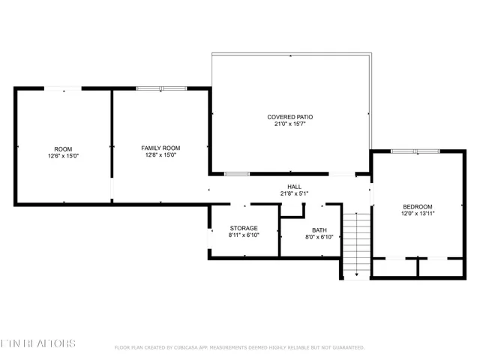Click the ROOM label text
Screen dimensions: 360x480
click(x=63, y=148)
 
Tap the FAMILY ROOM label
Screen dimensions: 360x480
click(x=160, y=148)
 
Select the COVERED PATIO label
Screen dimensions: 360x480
click(x=289, y=117)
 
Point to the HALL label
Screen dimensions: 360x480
click(x=294, y=187)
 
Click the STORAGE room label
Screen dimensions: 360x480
click(x=243, y=228)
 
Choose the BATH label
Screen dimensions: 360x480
click(x=319, y=230)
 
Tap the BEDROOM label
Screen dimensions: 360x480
click(x=417, y=206)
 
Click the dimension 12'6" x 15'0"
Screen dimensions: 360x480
click(x=63, y=156)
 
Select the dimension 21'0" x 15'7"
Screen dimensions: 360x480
click(x=289, y=124)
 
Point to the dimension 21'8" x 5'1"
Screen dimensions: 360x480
click(x=294, y=194)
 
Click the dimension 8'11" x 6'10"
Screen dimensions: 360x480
click(x=243, y=235)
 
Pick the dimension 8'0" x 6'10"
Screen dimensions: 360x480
click(x=319, y=238)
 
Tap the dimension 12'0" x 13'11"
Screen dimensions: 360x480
click(x=417, y=214)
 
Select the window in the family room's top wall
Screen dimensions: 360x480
click(x=160, y=88)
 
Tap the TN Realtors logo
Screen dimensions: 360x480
click(x=37, y=343)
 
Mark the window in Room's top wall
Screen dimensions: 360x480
click(x=63, y=88)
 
